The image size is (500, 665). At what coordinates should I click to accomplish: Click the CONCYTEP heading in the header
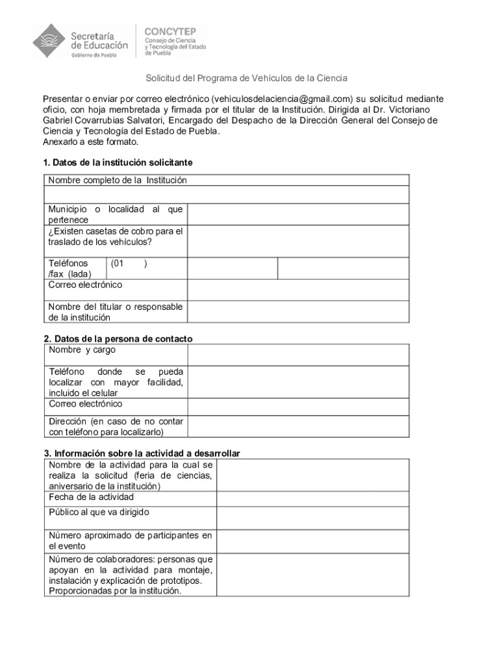pyautogui.click(x=174, y=31)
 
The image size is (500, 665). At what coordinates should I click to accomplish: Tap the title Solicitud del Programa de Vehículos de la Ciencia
pyautogui.click(x=246, y=78)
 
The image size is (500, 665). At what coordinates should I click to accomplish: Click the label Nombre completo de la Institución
pyautogui.click(x=118, y=180)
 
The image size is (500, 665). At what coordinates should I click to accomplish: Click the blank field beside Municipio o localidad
pyautogui.click(x=298, y=214)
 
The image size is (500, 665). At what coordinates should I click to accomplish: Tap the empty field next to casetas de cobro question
pyautogui.click(x=298, y=241)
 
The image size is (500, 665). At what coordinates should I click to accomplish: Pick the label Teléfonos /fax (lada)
pyautogui.click(x=70, y=269)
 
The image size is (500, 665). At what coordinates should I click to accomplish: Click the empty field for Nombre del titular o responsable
pyautogui.click(x=298, y=312)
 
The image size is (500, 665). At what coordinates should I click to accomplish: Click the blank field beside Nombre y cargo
pyautogui.click(x=298, y=355)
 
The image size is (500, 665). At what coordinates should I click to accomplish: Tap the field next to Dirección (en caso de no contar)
pyautogui.click(x=298, y=426)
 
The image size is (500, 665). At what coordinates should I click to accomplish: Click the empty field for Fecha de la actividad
pyautogui.click(x=312, y=499)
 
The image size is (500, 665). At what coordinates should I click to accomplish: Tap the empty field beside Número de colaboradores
pyautogui.click(x=312, y=575)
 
